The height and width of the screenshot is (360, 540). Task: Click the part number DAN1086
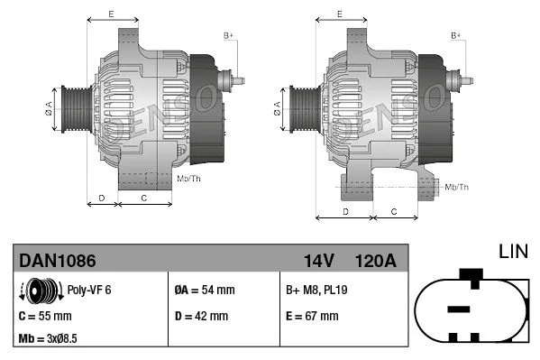point(58,261)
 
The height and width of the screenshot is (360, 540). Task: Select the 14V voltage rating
point(319,261)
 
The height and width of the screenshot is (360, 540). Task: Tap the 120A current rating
point(377,261)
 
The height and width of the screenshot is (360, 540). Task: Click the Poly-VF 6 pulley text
point(90,291)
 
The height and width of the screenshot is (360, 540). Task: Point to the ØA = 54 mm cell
point(204,290)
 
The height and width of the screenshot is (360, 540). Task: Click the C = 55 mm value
point(45,316)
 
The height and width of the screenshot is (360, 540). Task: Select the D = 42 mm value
point(201,316)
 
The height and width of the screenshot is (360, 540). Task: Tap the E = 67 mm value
point(311,316)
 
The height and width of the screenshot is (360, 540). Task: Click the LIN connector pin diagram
point(471,308)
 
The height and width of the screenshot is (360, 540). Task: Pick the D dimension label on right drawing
point(346,211)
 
